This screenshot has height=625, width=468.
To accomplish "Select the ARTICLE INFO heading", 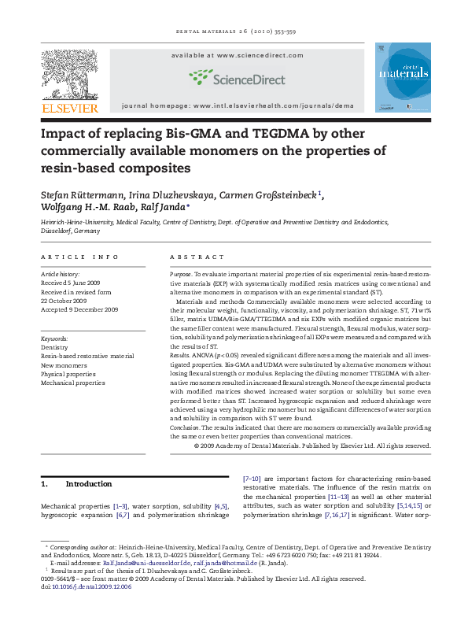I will tap(79, 257).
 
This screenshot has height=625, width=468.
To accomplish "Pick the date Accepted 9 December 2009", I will tap(79, 309).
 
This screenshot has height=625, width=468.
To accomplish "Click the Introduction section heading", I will tap(88, 484).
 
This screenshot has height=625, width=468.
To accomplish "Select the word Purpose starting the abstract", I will tap(182, 274).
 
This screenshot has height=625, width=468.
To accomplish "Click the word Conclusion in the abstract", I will tap(187, 427).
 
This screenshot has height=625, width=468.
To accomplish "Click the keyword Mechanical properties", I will tap(72, 383).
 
